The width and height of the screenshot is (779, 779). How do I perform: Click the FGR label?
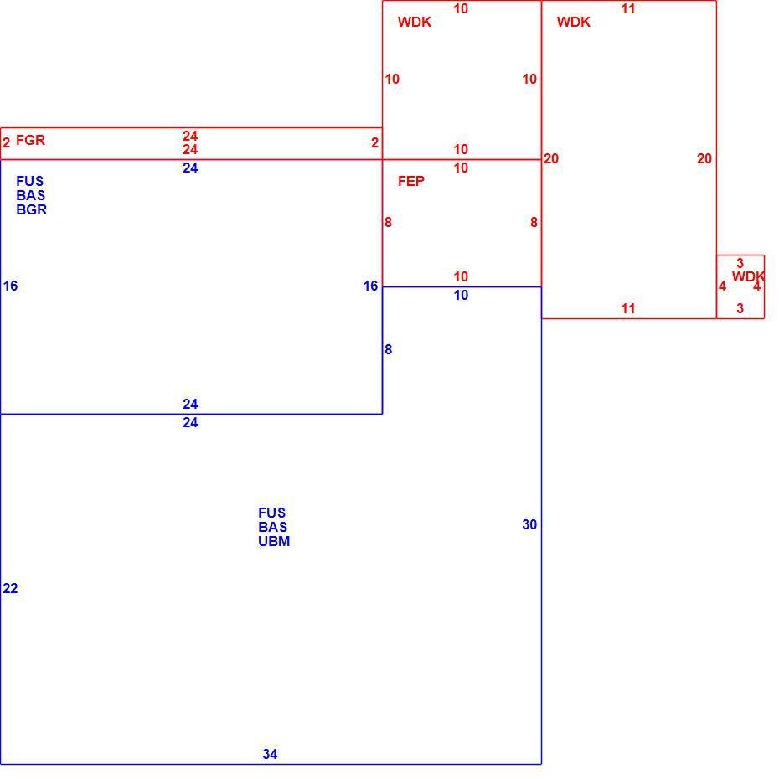30,140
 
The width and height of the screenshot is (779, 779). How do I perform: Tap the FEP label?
411,181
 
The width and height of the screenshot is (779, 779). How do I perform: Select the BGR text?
31,209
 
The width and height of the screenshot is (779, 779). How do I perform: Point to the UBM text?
274,541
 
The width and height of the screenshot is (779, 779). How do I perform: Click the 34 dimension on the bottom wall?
270,754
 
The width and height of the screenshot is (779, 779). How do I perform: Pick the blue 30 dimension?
529,524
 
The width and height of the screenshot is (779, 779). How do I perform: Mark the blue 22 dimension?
10,588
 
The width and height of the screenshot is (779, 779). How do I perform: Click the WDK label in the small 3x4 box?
748,276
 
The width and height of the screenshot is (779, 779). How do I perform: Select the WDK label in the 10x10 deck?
415,23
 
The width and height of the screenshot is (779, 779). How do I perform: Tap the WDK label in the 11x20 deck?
573,23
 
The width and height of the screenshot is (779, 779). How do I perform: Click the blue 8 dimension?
388,350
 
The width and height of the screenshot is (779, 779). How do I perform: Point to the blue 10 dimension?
461,295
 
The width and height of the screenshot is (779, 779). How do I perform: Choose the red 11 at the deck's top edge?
628,9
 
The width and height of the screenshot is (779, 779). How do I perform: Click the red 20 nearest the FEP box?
551,158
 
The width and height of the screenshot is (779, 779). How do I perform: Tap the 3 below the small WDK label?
740,308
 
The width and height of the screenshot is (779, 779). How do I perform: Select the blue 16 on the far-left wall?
10,286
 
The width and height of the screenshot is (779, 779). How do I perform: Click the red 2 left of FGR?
7,143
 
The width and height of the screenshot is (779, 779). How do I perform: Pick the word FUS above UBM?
271,513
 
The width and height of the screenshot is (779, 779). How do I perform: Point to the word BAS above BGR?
30,195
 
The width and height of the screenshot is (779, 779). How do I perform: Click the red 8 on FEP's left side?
388,223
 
